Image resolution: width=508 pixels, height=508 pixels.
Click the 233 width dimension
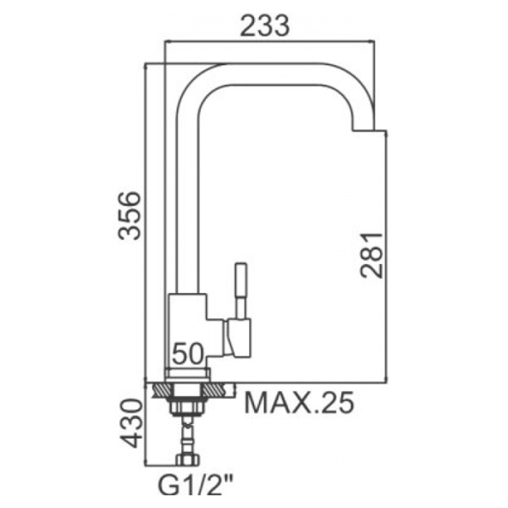click(264, 25)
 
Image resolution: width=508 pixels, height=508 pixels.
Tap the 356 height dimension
click(130, 216)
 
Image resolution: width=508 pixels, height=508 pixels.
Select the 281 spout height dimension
click(373, 255)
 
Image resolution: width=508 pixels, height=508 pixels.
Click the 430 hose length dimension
click(131, 423)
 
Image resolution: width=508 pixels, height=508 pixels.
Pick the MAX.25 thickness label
click(299, 403)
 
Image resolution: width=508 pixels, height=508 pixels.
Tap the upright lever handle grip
click(240, 280)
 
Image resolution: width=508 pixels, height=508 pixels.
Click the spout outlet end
click(363, 129)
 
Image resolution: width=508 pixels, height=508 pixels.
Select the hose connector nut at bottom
click(188, 460)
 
